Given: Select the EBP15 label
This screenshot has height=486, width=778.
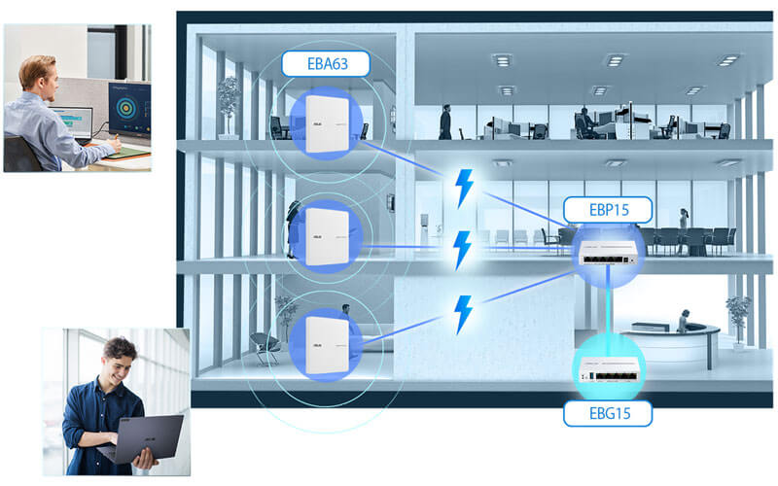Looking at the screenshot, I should pyautogui.click(x=606, y=209).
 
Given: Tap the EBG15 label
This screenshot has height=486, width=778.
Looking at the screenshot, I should pyautogui.click(x=607, y=415).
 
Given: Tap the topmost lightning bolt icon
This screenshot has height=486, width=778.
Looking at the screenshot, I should pyautogui.click(x=465, y=188).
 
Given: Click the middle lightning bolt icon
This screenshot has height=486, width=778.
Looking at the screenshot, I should pyautogui.click(x=464, y=249).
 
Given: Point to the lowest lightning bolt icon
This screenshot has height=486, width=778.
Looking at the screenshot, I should pyautogui.click(x=464, y=313).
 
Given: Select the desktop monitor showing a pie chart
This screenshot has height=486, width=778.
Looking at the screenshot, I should pyautogui.click(x=129, y=111).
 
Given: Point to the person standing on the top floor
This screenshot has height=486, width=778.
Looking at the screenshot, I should pyautogui.click(x=445, y=121).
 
